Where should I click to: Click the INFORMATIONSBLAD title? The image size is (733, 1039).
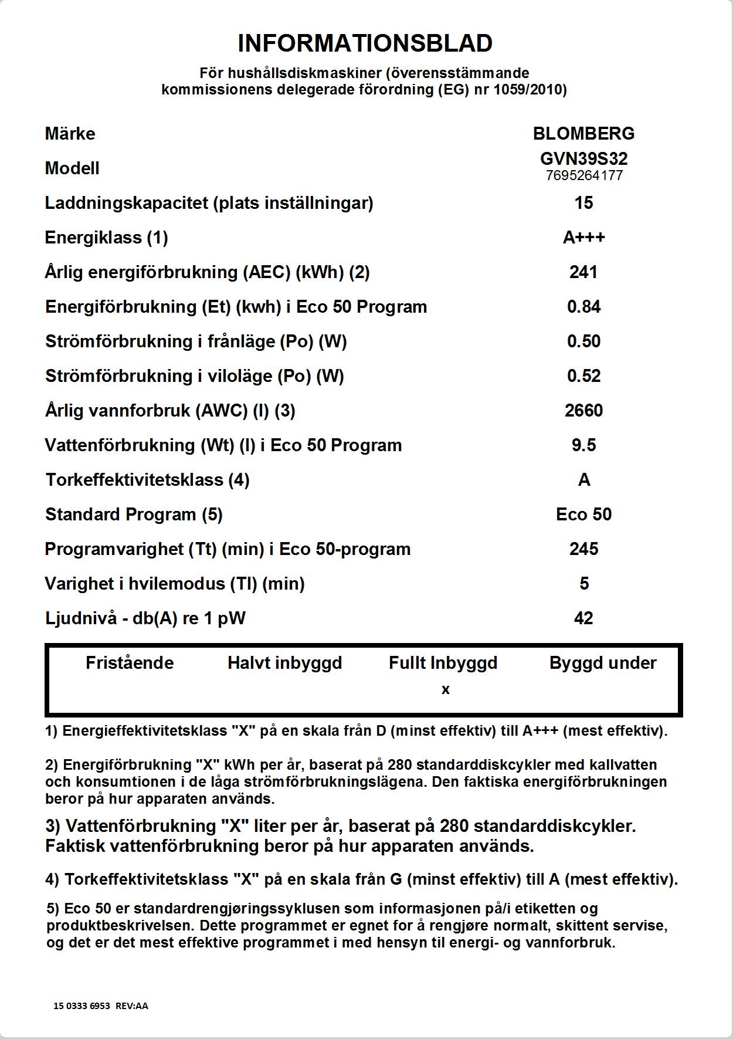tap(365, 43)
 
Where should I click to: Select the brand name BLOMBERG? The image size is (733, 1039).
tap(583, 134)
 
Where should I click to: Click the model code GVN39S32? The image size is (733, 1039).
tap(583, 158)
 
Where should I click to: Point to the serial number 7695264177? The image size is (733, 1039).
tap(583, 175)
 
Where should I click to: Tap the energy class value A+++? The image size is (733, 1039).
tap(583, 238)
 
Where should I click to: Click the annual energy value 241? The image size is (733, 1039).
tap(583, 272)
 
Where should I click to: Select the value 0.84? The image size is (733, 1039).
tap(583, 307)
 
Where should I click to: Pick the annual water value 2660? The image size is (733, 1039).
tap(583, 411)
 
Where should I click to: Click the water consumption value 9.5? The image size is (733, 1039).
tap(583, 445)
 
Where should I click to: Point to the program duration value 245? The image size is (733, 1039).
tap(583, 549)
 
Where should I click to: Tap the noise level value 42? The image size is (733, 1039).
tap(583, 618)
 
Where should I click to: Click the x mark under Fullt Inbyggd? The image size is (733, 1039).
tap(446, 690)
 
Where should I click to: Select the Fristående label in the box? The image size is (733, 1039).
tap(130, 663)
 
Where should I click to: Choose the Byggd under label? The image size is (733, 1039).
tap(603, 663)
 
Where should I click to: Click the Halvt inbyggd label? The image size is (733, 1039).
tap(284, 663)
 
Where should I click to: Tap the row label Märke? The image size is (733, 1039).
tap(70, 134)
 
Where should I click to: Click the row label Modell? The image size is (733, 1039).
tap(72, 168)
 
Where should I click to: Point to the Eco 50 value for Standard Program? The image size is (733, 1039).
tap(583, 515)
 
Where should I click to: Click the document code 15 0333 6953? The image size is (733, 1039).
tap(82, 1006)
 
